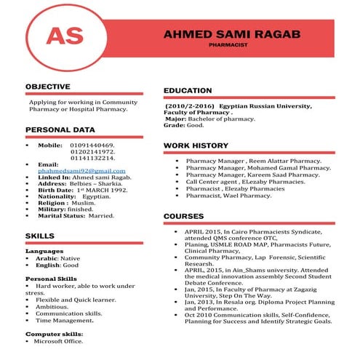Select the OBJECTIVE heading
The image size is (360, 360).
47,87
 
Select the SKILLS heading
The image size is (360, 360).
39,236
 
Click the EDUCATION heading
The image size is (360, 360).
188,90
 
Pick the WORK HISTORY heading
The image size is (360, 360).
196,145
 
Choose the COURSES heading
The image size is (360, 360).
183,216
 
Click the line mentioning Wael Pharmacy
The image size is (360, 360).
228,196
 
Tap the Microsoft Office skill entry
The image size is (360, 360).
58,340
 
